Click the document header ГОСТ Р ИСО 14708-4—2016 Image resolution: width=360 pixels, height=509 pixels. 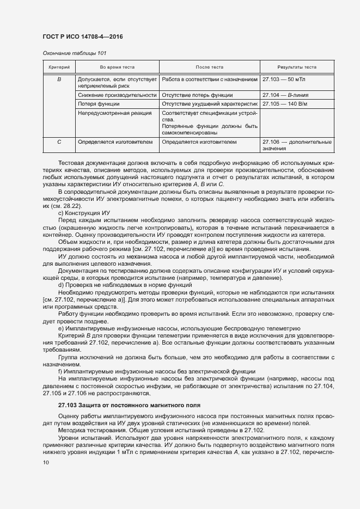tap(82, 36)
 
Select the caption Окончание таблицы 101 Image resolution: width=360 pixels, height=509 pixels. tap(74, 53)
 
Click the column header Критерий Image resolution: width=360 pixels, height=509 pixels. tap(59, 68)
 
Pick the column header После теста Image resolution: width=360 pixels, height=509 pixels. tap(209, 68)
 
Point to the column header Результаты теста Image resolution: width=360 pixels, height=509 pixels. tap(297, 68)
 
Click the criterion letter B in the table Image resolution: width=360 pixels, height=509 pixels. tap(59, 79)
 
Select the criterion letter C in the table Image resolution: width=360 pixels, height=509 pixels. tap(59, 142)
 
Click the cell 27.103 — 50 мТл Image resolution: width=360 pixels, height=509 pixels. tap(283, 79)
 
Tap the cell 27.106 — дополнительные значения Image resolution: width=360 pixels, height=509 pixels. tap(297, 145)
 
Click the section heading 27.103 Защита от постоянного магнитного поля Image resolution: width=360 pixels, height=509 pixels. tap(130, 406)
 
